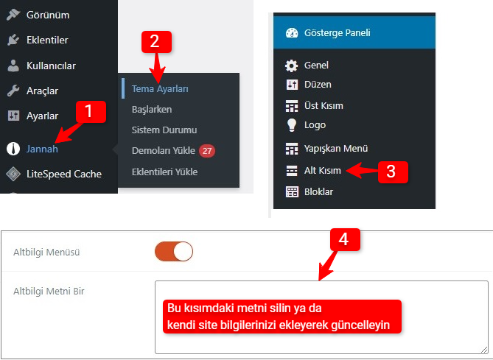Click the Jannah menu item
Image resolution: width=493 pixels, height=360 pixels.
coord(42,149)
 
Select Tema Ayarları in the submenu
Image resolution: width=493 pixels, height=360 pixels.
coord(160,89)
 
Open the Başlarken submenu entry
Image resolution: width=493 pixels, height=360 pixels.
coord(152,109)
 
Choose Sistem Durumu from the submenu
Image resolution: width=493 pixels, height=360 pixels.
coord(164,130)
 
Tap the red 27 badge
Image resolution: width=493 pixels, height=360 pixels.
coord(207,151)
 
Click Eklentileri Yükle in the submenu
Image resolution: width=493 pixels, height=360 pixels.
coord(165,172)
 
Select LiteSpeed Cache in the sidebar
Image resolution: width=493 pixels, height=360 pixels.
coord(64,174)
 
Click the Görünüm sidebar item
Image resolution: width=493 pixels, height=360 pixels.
coord(48,15)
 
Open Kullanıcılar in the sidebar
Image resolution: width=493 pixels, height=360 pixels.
coord(52,66)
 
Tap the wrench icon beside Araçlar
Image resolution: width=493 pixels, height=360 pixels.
coord(13,91)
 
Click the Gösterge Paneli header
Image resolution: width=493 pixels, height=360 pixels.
coord(354,32)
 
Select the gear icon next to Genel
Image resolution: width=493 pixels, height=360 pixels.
coord(292,66)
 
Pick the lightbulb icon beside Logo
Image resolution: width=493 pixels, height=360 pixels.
coord(292,125)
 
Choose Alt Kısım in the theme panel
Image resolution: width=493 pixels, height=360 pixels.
coord(323,171)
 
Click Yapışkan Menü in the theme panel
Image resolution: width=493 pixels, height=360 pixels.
coord(336,148)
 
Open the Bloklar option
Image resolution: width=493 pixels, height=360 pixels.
coord(318,191)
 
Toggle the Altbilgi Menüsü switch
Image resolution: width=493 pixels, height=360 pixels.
coord(174,252)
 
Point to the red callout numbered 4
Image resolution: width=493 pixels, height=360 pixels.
coord(345,240)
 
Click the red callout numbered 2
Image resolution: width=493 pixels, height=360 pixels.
coord(156,42)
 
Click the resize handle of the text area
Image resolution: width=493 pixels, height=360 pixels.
coord(484,350)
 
